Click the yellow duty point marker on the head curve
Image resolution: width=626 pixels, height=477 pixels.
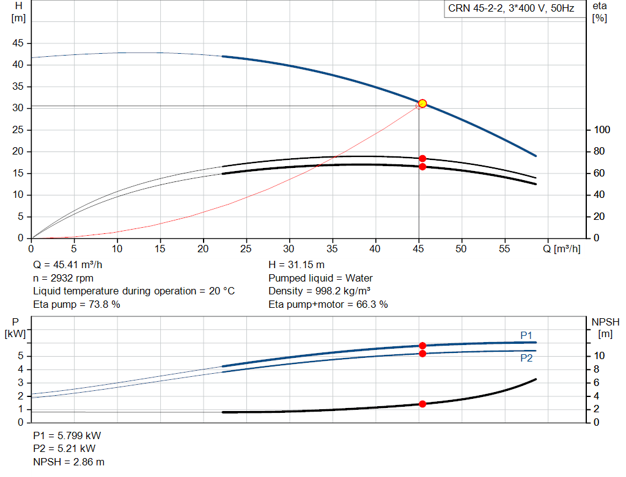click(x=422, y=103)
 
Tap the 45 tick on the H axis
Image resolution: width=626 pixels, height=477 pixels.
click(x=18, y=43)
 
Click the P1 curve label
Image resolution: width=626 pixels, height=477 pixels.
click(x=526, y=335)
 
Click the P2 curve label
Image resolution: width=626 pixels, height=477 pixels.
click(x=526, y=358)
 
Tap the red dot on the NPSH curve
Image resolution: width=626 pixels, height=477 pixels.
click(x=422, y=404)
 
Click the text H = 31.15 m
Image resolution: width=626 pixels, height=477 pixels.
click(x=296, y=265)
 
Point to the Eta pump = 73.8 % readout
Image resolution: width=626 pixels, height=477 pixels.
click(x=76, y=304)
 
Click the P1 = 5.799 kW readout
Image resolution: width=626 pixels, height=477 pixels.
click(x=67, y=436)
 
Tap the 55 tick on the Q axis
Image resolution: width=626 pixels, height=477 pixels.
click(x=504, y=249)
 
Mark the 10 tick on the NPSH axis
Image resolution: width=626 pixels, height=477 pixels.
click(x=599, y=356)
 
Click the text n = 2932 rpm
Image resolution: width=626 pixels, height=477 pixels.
click(x=63, y=278)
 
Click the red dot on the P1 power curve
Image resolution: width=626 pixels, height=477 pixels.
click(x=422, y=346)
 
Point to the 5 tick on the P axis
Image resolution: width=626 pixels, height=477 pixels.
click(x=21, y=356)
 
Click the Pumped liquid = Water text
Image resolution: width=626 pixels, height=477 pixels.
click(x=320, y=278)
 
